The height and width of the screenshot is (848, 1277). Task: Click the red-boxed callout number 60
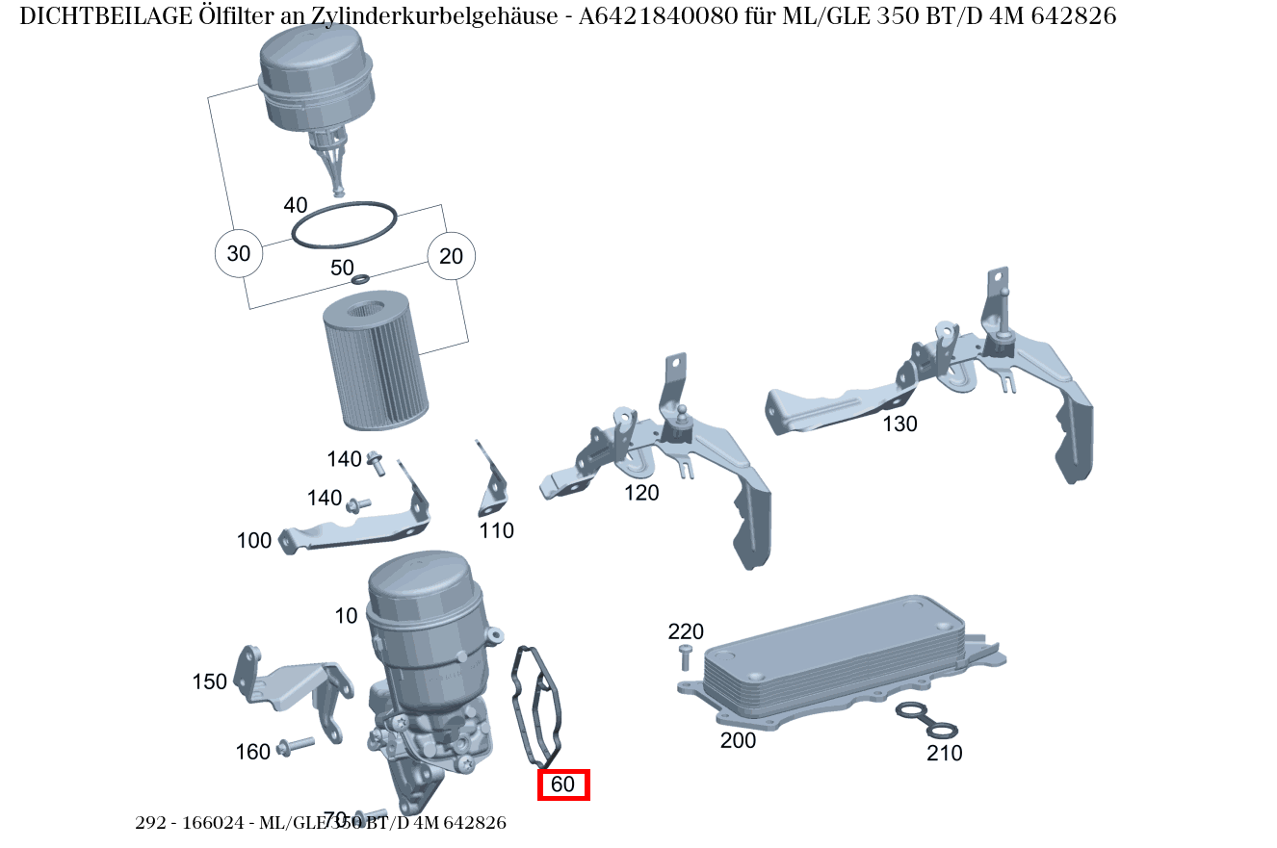click(x=562, y=784)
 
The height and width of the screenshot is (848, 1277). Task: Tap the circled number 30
click(x=238, y=254)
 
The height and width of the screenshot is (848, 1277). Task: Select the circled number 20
click(x=451, y=256)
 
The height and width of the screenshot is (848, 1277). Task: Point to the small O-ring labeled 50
click(x=360, y=280)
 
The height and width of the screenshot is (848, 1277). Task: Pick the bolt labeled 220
click(x=685, y=658)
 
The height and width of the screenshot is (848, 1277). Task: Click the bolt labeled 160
click(x=295, y=746)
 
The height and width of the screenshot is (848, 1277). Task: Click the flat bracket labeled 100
click(x=356, y=525)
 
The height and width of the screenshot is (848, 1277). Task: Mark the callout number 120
click(x=641, y=493)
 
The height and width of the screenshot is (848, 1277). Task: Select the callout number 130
click(x=900, y=424)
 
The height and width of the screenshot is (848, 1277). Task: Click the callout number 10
click(x=347, y=616)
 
